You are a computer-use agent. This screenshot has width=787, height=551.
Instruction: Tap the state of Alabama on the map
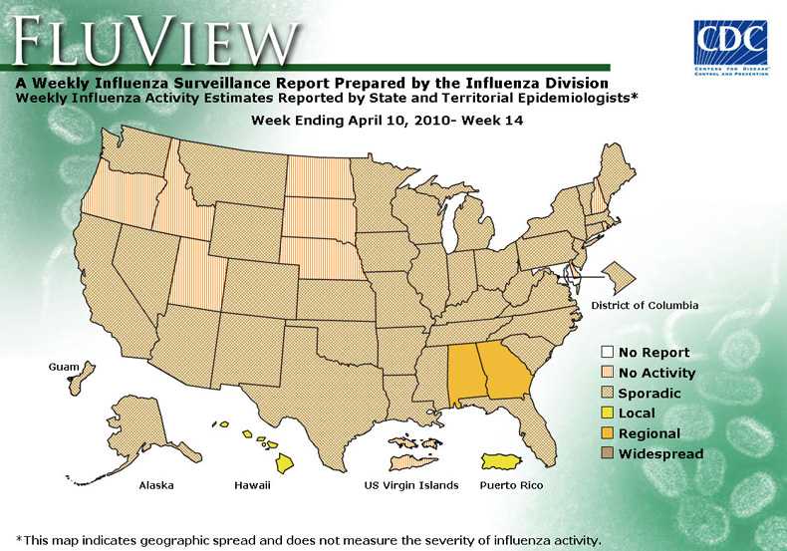tap(463, 371)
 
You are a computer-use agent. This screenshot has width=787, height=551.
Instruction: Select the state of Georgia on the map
tap(502, 369)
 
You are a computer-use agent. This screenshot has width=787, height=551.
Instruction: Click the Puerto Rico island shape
tap(507, 461)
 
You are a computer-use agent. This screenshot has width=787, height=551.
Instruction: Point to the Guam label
tap(63, 368)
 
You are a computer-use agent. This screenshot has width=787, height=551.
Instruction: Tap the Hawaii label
tap(252, 485)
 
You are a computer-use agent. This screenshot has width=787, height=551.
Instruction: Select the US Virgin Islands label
tap(410, 485)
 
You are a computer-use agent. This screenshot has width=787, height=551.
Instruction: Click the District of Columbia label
tap(645, 305)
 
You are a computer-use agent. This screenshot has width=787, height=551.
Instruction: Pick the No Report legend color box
tap(607, 353)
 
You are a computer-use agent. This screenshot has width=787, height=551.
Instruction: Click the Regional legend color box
tap(607, 433)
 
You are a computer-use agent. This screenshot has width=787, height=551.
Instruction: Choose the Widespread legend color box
tap(607, 454)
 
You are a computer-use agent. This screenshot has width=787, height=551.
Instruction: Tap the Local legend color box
tap(607, 413)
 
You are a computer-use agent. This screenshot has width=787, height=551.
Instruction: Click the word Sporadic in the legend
tap(650, 394)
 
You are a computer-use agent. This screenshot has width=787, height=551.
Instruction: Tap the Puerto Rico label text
tap(512, 485)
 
